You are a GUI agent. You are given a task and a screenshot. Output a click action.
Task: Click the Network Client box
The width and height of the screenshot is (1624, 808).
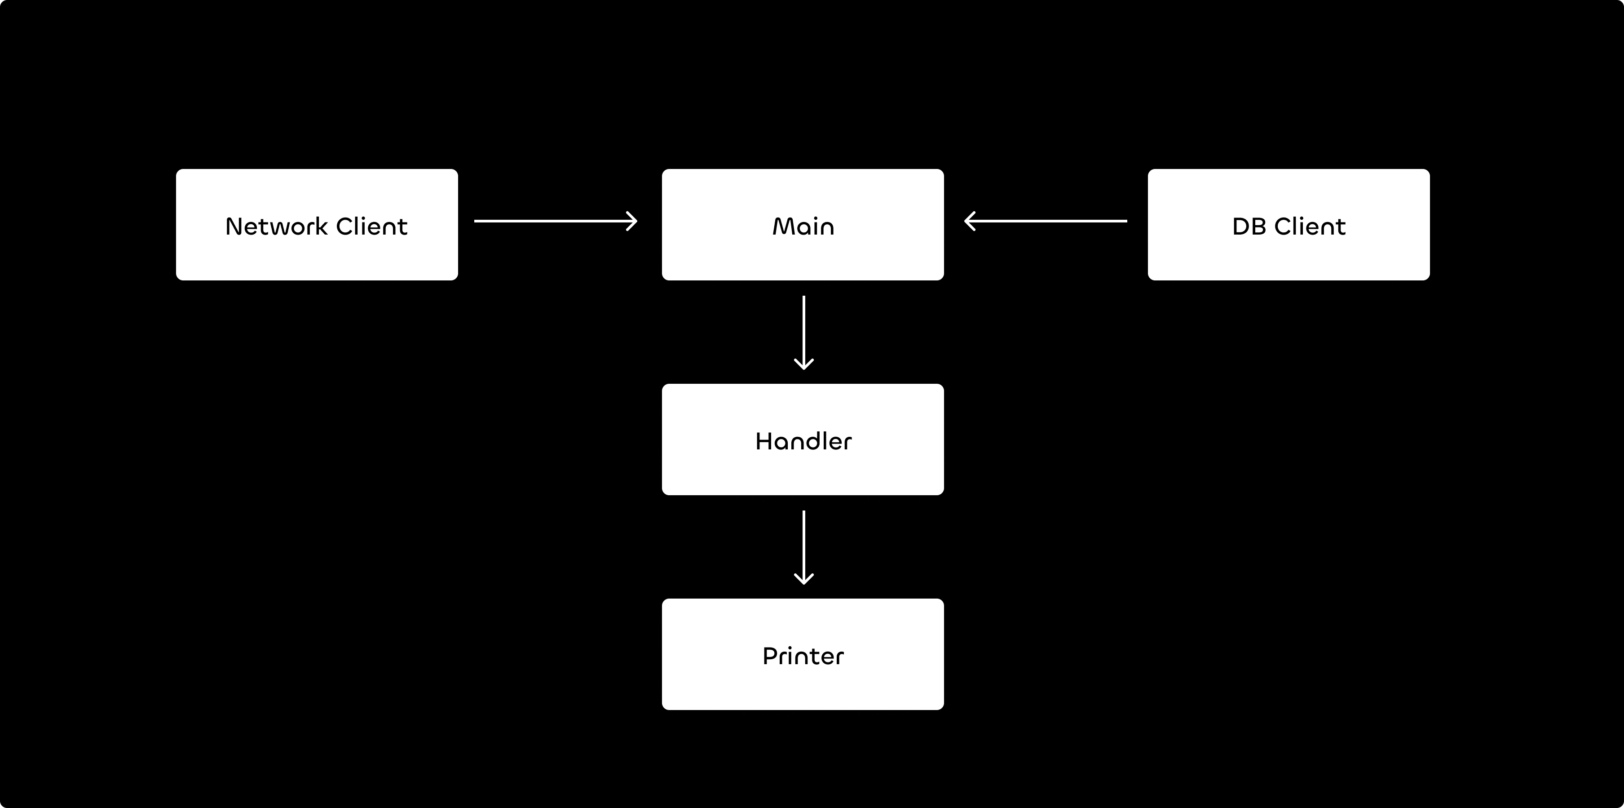click(x=317, y=225)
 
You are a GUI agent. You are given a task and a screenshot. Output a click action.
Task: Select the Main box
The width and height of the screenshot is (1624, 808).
click(x=803, y=225)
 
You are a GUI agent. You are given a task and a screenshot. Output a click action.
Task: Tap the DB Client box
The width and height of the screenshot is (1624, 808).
click(x=1289, y=225)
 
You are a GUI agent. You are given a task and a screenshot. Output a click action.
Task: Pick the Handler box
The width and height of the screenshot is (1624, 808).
click(x=803, y=440)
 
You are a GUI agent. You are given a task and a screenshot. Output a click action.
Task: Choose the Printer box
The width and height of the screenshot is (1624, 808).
click(x=803, y=654)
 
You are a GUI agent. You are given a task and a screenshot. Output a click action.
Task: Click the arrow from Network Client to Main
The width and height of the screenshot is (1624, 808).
click(x=556, y=221)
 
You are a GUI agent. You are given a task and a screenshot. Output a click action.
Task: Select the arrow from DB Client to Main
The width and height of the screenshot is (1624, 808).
click(x=1046, y=221)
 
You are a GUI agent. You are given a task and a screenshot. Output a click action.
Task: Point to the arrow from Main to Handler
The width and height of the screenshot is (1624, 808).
click(x=804, y=333)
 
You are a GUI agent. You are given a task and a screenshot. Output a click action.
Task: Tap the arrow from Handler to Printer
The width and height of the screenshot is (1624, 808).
click(x=804, y=547)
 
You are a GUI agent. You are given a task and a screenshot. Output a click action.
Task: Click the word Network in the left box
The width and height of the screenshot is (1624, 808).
click(x=277, y=226)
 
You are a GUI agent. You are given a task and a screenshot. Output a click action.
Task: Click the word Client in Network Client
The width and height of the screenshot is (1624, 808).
click(x=372, y=226)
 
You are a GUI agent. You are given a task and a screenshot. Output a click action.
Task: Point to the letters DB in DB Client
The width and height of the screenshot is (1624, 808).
click(x=1249, y=226)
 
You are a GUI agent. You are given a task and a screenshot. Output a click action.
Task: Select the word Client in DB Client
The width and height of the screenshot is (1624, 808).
click(x=1310, y=226)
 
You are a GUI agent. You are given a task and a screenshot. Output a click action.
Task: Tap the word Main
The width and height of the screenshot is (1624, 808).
click(x=803, y=226)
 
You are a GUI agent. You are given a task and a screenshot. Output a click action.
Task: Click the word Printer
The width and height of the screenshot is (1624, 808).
click(x=803, y=656)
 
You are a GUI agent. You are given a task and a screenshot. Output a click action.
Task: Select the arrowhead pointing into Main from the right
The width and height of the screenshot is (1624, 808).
click(x=971, y=221)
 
